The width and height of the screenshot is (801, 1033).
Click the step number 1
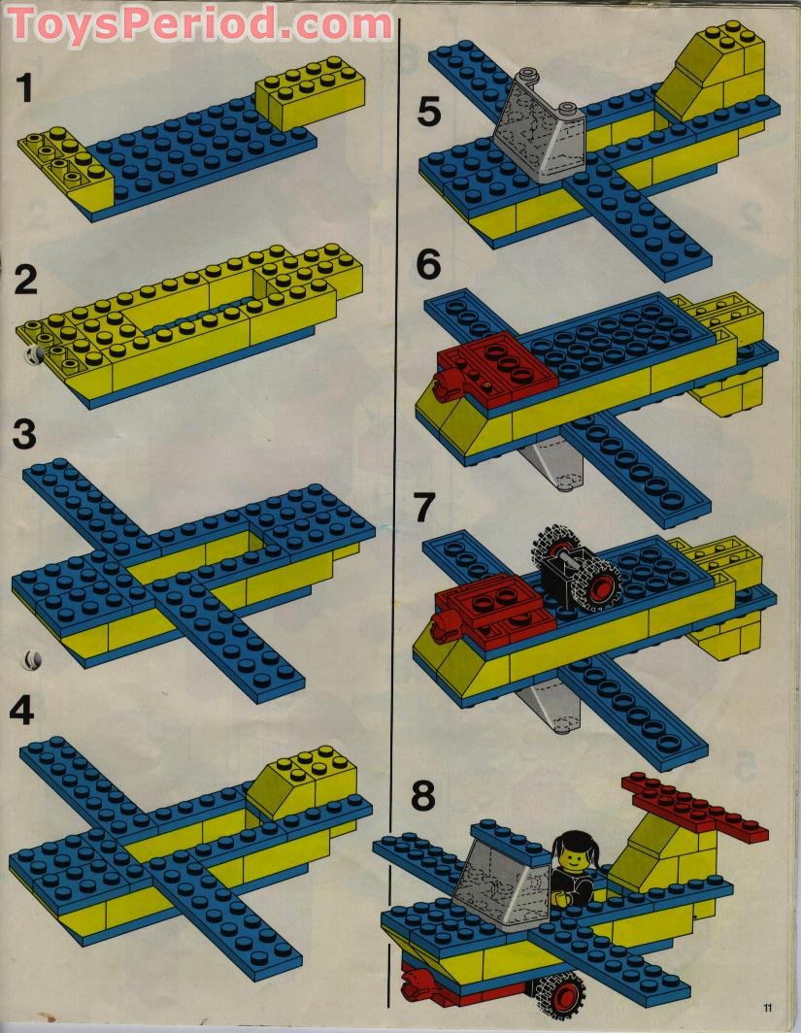(x=25, y=88)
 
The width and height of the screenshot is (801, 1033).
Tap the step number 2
(x=25, y=281)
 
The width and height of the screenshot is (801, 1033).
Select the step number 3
(x=24, y=435)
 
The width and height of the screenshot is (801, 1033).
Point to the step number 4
(x=21, y=711)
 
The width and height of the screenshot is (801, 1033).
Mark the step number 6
(x=428, y=265)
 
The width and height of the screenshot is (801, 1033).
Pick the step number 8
(x=423, y=796)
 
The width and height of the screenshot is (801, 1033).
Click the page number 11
(x=768, y=1008)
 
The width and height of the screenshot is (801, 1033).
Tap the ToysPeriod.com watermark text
(x=200, y=24)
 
